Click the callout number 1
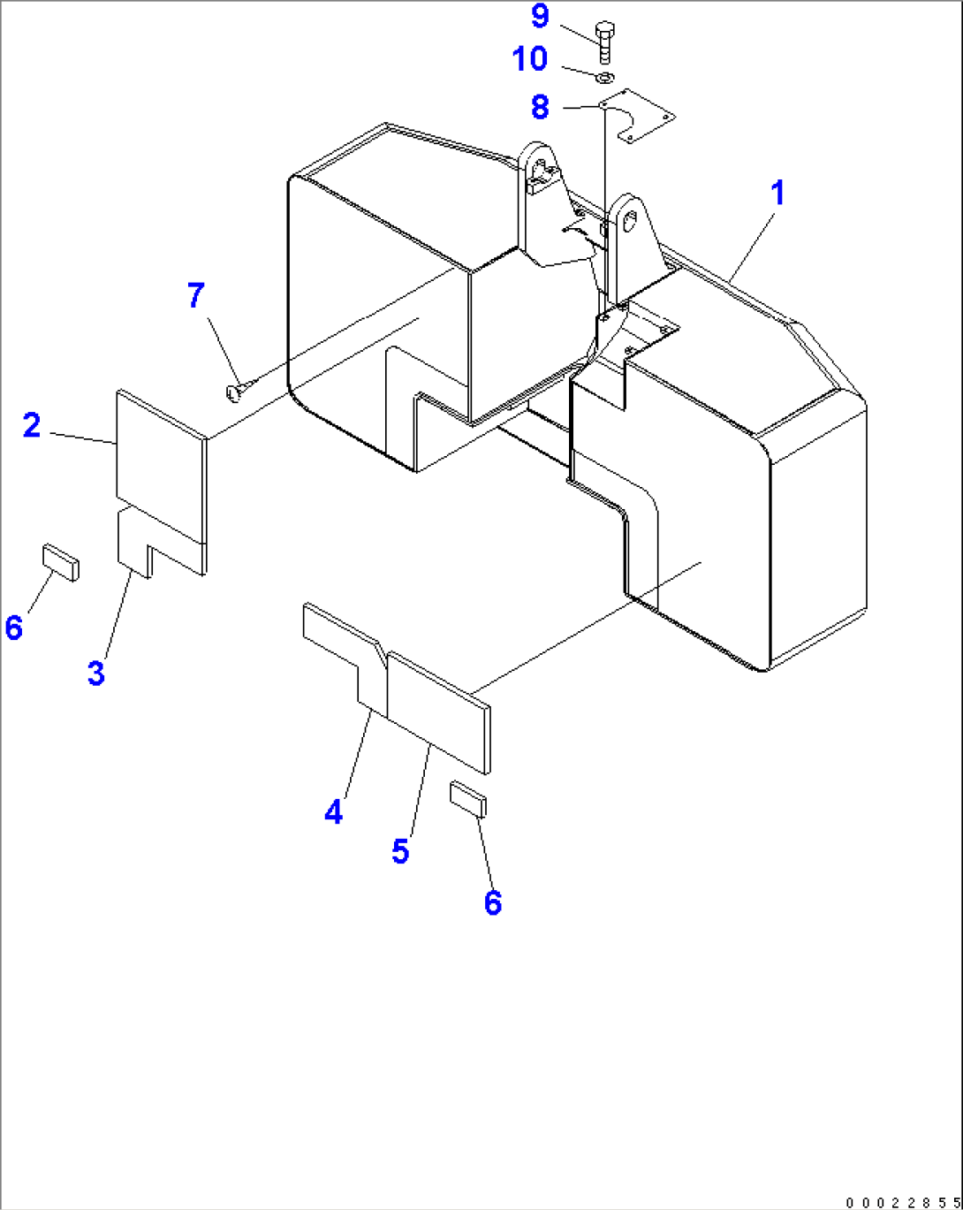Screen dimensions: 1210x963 [777, 193]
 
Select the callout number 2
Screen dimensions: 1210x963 [32, 426]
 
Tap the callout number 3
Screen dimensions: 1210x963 [96, 673]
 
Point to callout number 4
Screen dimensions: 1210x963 [333, 811]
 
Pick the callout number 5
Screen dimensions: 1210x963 [400, 851]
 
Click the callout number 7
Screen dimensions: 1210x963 [196, 295]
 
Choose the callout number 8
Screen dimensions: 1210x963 [540, 107]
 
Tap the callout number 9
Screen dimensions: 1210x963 [540, 16]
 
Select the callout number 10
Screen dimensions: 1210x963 [530, 59]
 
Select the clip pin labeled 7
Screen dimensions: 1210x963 [238, 389]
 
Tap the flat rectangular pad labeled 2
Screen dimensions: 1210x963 [159, 464]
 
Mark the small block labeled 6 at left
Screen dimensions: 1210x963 [60, 563]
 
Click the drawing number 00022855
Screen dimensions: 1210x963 [902, 1202]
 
